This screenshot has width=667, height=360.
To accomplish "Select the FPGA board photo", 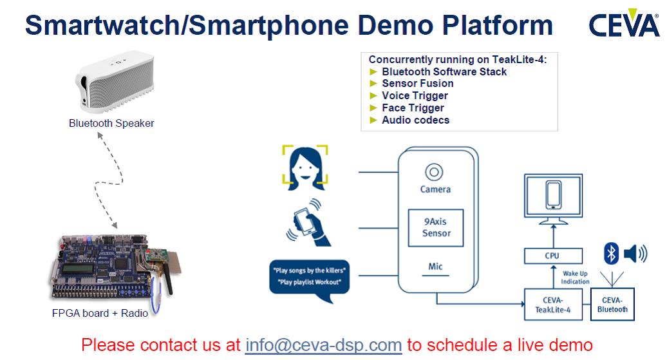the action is click(x=115, y=269).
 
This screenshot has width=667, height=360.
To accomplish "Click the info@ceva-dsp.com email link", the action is click(x=323, y=345).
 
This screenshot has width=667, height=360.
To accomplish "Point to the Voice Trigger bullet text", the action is click(x=415, y=96).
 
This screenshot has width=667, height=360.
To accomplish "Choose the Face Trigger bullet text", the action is click(x=413, y=108).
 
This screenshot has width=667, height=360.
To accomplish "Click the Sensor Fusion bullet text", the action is click(x=418, y=84).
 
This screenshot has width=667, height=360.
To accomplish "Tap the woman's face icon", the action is click(x=305, y=167).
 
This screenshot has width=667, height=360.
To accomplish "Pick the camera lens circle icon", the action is click(x=434, y=173).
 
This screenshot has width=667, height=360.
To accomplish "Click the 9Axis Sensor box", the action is click(x=436, y=228).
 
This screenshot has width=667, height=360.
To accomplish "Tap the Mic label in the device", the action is click(x=435, y=267).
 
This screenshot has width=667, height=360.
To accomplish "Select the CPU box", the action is click(x=553, y=256).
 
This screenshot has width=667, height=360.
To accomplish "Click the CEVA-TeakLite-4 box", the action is click(x=553, y=304).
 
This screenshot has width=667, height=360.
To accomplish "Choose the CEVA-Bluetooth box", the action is click(x=612, y=304).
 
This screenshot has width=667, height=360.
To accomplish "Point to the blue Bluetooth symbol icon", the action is click(x=611, y=254).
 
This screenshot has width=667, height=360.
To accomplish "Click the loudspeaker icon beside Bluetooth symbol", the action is click(x=635, y=254).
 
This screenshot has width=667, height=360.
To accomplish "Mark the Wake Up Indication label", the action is click(x=575, y=278).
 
